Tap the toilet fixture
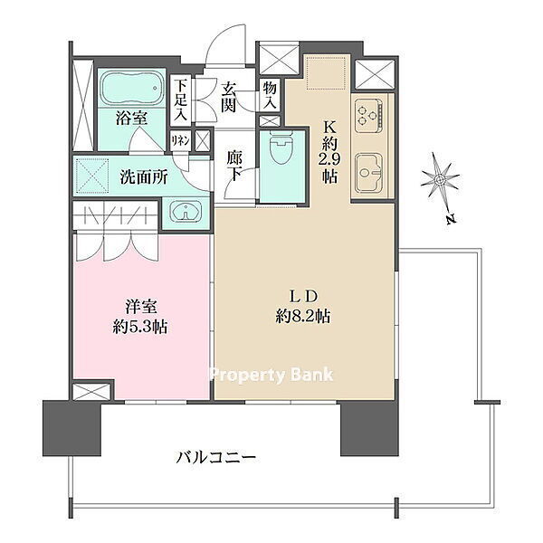point(281,148)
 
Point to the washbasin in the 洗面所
point(186,212)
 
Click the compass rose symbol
point(440,179)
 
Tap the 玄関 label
point(229,98)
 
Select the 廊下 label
point(234,167)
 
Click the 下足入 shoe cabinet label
point(180,100)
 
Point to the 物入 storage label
point(270,95)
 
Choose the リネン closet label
point(180,141)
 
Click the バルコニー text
point(215,457)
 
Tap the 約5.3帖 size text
point(140,326)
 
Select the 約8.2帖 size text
point(303,316)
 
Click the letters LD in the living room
point(303,297)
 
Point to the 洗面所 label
point(144,177)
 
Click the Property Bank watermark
point(271,376)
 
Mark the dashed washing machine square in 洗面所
point(92,176)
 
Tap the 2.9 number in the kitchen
point(329,159)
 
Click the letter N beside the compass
point(450,219)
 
